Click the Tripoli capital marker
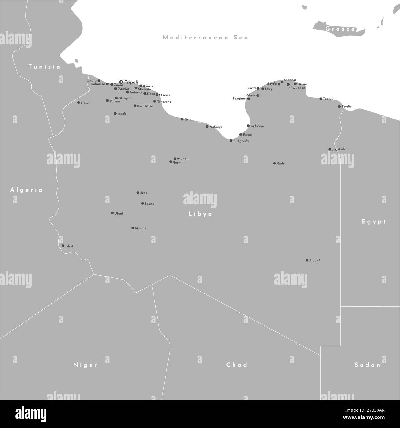click(121, 82)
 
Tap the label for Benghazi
click(239, 99)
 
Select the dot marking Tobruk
click(321, 99)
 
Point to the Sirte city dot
click(182, 119)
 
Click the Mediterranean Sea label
click(205, 38)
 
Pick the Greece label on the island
click(340, 29)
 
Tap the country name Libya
click(200, 214)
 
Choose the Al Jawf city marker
click(307, 260)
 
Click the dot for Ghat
click(63, 246)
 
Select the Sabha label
click(149, 204)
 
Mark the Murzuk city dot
click(132, 228)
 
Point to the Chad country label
click(237, 365)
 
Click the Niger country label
click(85, 365)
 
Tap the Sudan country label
click(367, 365)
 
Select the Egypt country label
click(374, 221)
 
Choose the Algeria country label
click(26, 190)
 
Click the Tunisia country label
click(44, 67)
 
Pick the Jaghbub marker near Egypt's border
click(330, 149)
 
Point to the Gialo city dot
click(274, 163)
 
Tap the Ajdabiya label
click(257, 126)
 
